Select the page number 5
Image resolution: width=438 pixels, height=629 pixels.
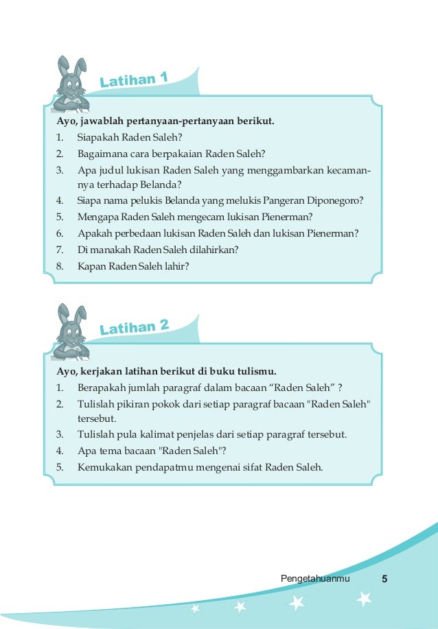(x=384, y=580)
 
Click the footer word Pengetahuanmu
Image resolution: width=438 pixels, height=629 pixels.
(x=315, y=580)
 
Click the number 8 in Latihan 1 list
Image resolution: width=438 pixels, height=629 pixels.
(x=60, y=266)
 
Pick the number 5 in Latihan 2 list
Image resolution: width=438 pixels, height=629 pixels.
(x=60, y=468)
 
